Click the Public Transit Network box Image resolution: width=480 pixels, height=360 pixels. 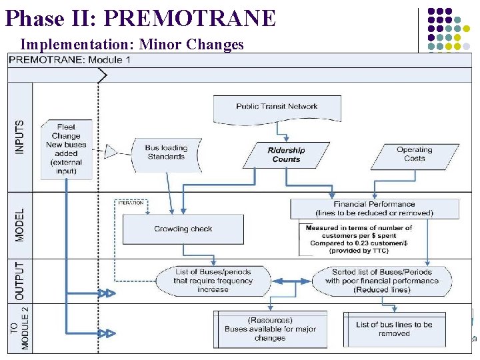coord(276,108)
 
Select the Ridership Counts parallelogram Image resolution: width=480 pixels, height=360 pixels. coord(286,155)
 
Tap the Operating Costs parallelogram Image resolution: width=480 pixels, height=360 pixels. coord(414,154)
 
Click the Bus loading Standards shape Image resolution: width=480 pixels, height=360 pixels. coord(165,153)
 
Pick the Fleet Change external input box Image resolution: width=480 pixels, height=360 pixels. coord(66,149)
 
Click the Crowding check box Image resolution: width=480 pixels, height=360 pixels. coord(183,229)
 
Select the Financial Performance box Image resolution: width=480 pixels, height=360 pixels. coord(374,209)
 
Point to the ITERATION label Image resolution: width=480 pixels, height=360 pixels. coord(131,203)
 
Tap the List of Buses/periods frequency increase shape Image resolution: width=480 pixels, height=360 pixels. coord(213,281)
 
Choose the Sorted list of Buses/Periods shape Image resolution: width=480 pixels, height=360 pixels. coord(382,281)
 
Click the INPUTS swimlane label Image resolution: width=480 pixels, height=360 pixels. coord(19,137)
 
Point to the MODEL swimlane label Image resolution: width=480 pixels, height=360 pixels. coord(19,225)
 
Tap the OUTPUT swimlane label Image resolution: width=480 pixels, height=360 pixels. coord(19,279)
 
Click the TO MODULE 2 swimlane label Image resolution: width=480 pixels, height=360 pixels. coord(19,327)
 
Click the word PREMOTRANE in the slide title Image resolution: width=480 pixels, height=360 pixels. coord(189,18)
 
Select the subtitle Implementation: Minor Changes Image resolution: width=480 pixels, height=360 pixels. coord(132,45)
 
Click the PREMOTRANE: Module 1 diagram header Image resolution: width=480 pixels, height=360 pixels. coord(69,60)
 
